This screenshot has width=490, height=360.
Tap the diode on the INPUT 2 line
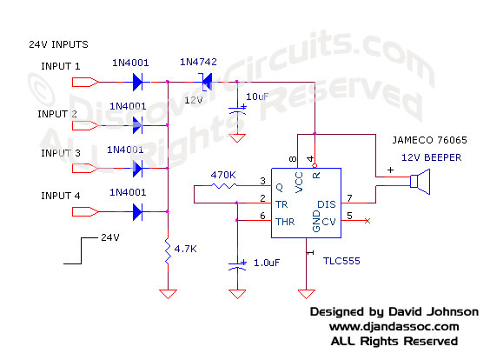(x=137, y=126)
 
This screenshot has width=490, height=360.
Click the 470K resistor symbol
(x=224, y=185)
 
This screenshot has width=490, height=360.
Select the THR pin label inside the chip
(x=283, y=221)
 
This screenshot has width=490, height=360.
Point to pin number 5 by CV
(x=348, y=216)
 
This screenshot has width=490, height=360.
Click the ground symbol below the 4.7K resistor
(x=166, y=294)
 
